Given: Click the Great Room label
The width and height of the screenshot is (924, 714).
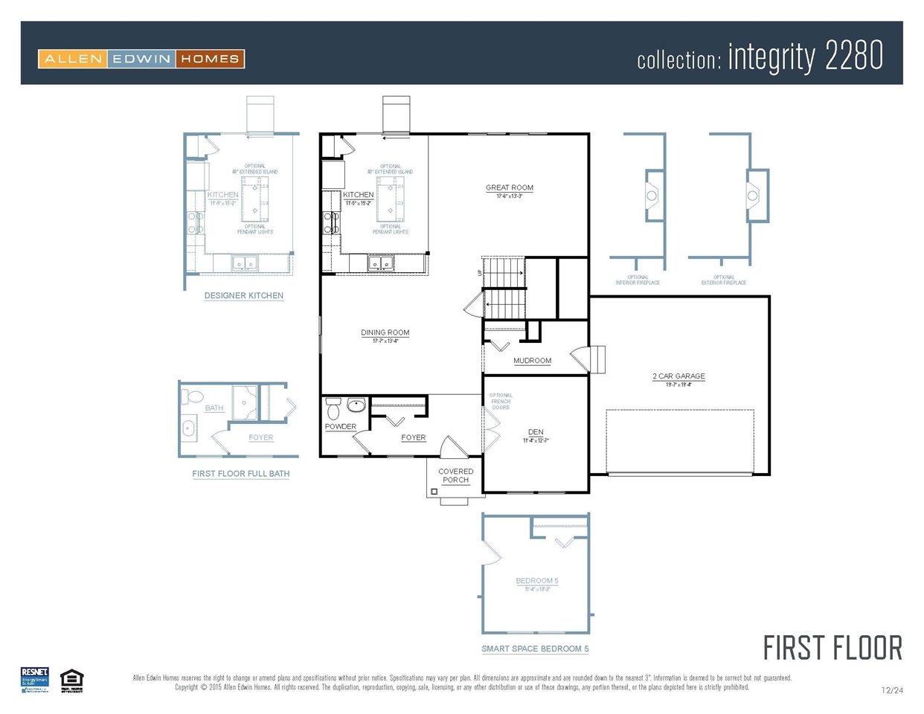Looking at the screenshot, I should [510, 188].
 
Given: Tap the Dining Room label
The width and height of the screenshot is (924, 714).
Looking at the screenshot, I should [385, 333].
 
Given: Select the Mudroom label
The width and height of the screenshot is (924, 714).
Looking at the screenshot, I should [532, 361].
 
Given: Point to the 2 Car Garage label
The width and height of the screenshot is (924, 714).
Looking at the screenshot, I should [678, 376].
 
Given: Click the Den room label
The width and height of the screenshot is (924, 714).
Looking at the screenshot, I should [536, 432].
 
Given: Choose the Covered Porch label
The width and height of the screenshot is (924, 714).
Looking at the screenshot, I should [455, 476].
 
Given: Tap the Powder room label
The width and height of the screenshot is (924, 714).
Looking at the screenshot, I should [340, 427].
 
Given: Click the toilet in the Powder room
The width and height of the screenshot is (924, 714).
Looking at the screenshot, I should [333, 408].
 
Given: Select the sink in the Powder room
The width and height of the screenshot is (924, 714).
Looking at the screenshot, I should [356, 405].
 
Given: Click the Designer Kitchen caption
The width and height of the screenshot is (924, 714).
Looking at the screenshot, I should [244, 296].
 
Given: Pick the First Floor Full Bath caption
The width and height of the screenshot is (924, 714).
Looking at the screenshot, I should [241, 474].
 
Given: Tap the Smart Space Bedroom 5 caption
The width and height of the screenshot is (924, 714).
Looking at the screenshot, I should [535, 649].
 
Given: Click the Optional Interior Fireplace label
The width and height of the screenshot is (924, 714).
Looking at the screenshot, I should [638, 280].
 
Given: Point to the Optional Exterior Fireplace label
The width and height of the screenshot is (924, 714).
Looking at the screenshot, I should [723, 280].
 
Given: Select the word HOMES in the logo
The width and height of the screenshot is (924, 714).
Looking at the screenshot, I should [210, 59].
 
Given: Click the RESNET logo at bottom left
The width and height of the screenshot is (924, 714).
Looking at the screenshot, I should [34, 680].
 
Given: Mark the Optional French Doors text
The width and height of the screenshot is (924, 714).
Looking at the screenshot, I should [501, 402].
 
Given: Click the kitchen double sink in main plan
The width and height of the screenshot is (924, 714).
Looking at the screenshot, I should [381, 263].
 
